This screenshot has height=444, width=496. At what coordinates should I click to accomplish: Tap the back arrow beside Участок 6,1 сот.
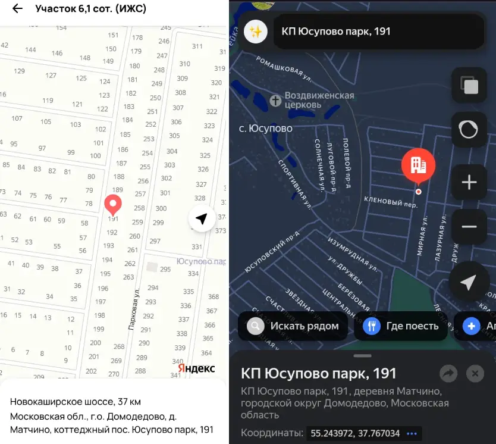(17, 9)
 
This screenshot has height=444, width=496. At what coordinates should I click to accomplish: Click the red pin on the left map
(112, 204)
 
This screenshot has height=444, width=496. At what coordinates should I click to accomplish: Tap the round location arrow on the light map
(202, 219)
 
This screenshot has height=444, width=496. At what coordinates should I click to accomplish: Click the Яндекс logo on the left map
(196, 368)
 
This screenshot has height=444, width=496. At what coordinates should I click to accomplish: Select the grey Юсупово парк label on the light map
(202, 261)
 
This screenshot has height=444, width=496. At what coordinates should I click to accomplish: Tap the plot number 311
(197, 46)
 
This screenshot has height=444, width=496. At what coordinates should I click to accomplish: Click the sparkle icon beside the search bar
(256, 32)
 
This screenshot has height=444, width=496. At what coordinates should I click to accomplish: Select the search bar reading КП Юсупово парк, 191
(378, 32)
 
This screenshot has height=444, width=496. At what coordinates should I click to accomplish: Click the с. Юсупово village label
(265, 128)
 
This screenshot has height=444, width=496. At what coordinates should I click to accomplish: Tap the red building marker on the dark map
(418, 165)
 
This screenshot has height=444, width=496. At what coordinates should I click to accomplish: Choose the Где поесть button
(401, 326)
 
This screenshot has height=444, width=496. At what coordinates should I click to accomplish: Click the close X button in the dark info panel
(475, 373)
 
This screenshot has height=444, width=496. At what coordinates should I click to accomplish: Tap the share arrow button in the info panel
(448, 373)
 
